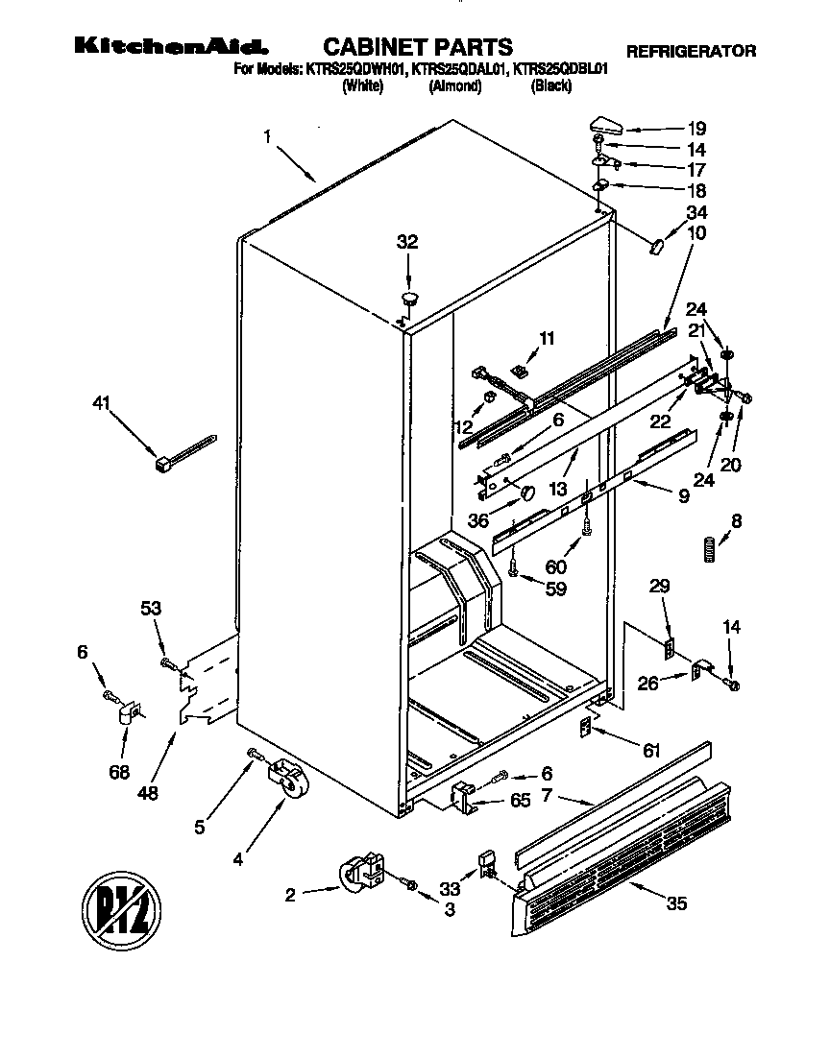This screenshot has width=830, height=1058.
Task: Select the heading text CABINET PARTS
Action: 417,46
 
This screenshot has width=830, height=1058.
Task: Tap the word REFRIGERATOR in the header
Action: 691,52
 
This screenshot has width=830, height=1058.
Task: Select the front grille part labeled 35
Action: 624,859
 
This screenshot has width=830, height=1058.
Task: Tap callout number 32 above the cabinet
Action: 407,243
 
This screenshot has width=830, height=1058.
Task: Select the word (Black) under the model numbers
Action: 551,85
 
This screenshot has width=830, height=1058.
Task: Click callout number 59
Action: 555,589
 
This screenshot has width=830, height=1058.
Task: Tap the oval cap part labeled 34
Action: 657,247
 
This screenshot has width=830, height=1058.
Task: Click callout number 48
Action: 147,793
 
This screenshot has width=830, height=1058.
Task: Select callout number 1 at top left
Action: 266,136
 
